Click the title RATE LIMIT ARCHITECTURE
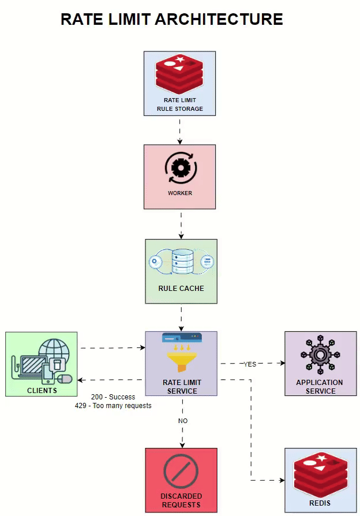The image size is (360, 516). (172, 19)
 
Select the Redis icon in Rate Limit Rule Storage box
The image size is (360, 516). (180, 74)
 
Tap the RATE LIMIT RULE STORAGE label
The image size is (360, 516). (180, 104)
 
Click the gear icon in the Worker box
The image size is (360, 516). (181, 167)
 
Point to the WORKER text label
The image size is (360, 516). (180, 193)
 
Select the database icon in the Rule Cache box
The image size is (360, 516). (181, 261)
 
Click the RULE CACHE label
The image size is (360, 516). (181, 289)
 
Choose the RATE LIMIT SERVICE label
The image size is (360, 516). (182, 387)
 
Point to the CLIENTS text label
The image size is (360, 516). (42, 391)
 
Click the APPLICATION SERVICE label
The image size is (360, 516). (320, 387)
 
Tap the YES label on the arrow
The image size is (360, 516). (250, 364)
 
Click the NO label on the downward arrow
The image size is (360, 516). (183, 421)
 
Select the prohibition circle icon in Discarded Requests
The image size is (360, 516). (181, 472)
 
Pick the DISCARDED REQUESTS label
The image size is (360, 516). (181, 500)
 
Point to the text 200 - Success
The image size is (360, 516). (113, 397)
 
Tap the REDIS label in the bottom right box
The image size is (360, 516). (320, 503)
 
